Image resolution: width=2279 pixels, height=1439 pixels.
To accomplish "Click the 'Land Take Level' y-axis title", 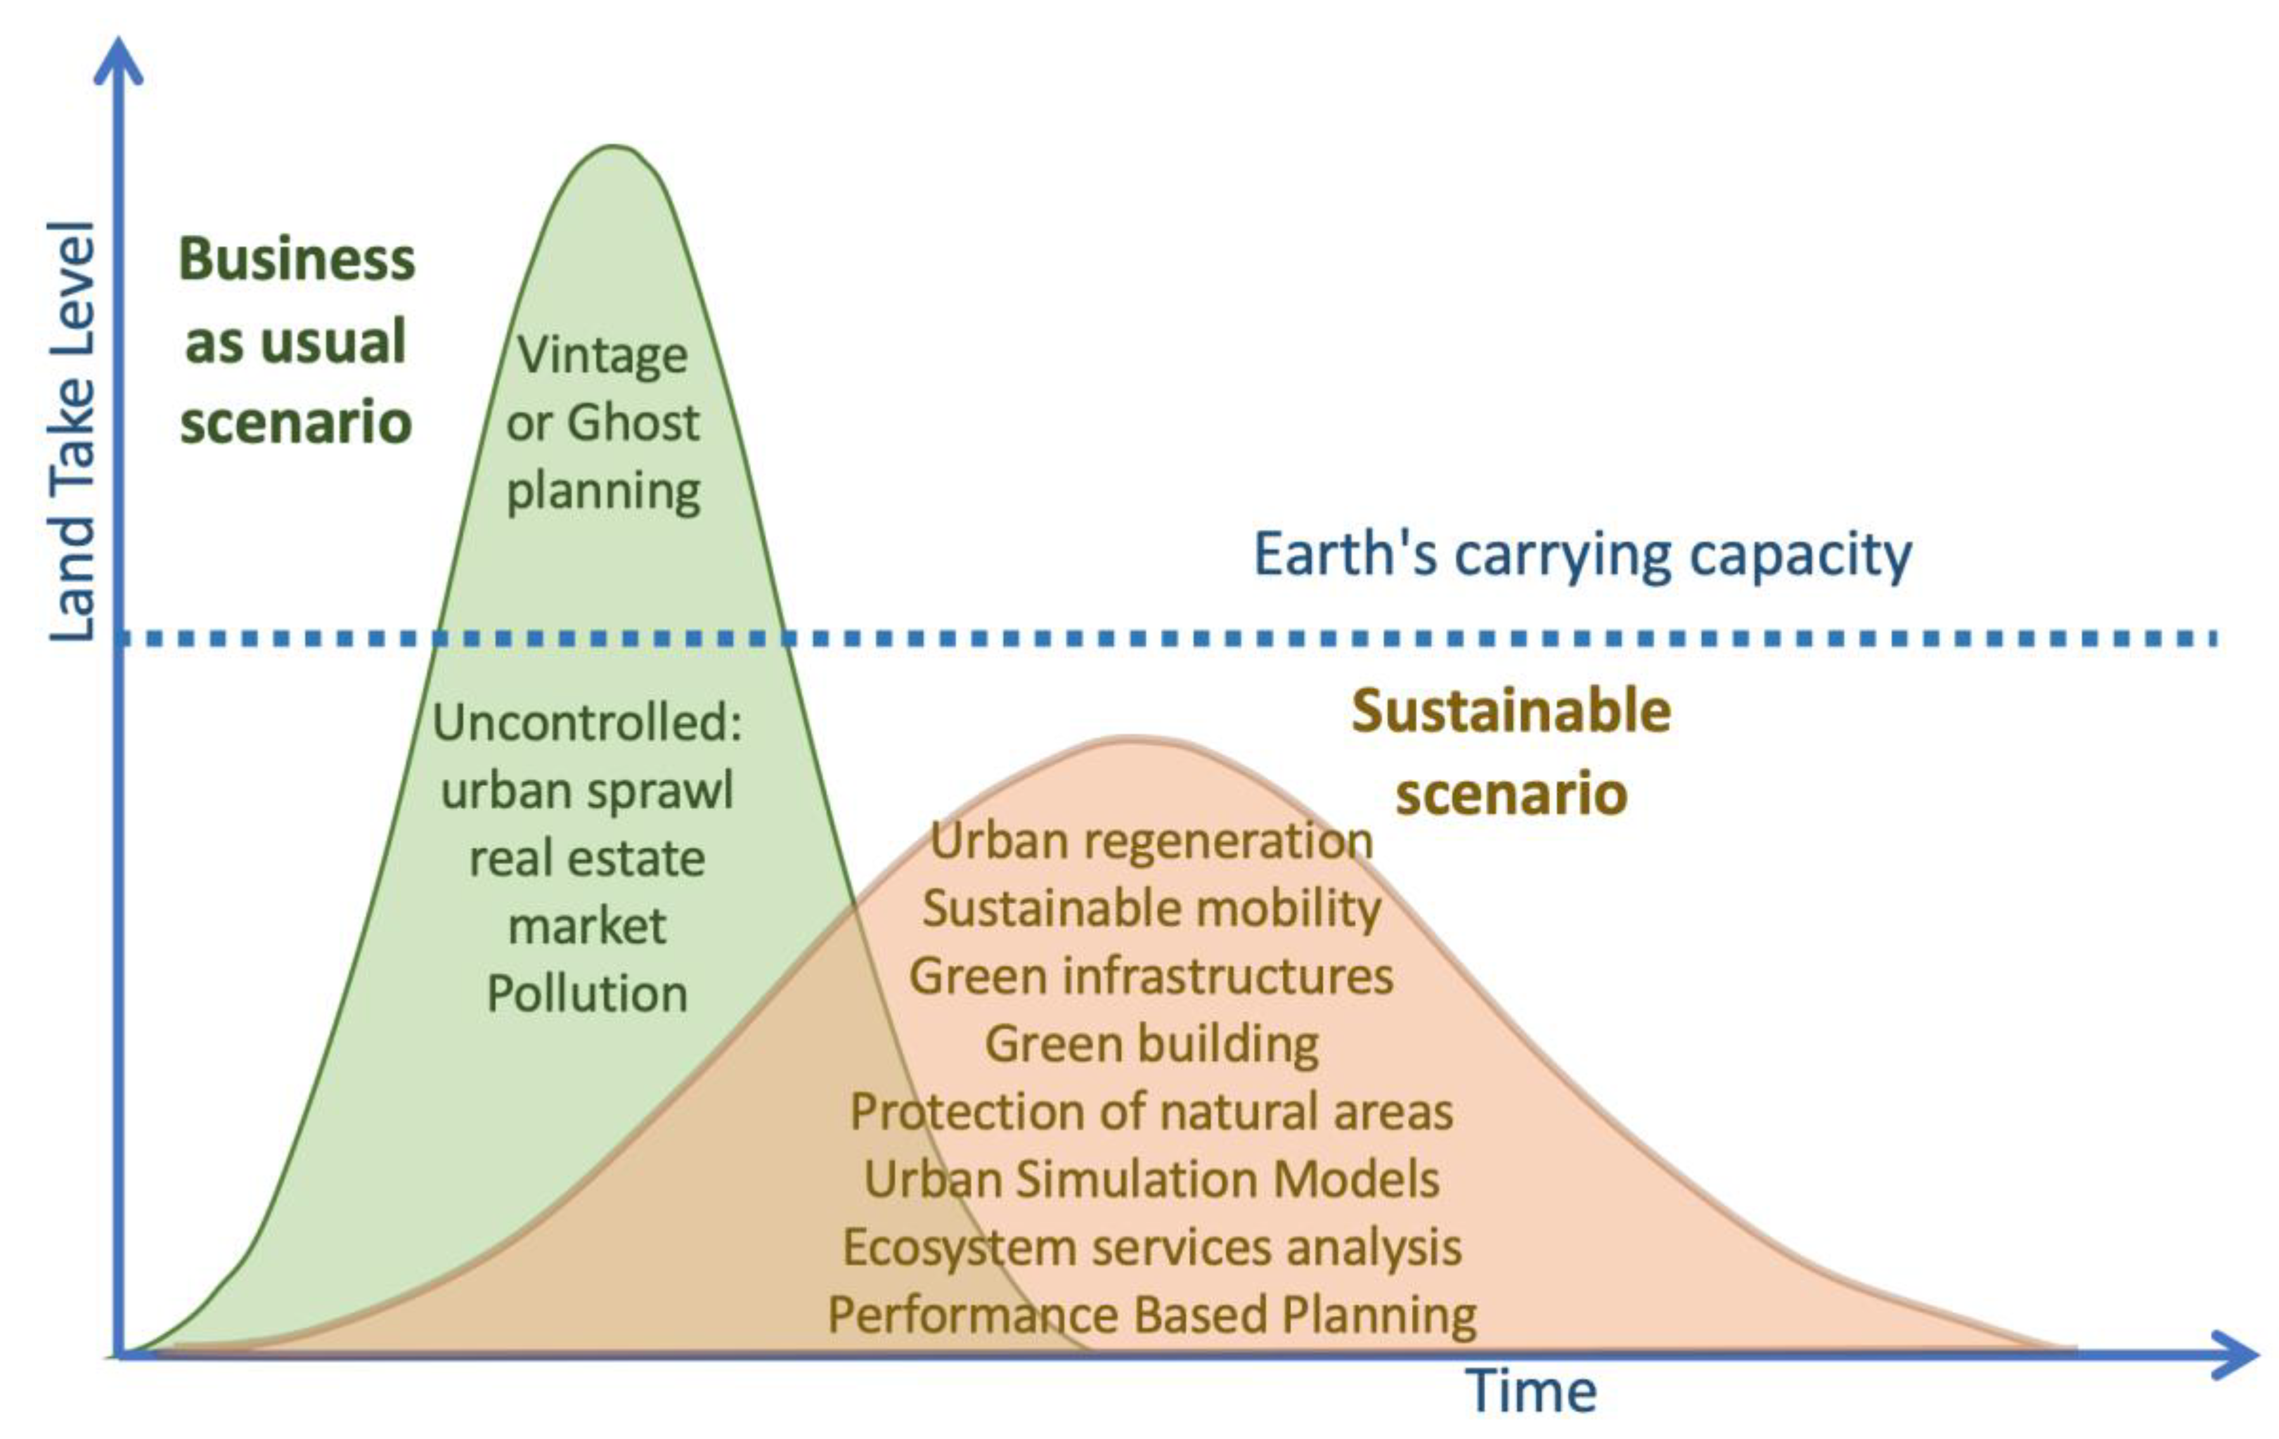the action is (74, 431).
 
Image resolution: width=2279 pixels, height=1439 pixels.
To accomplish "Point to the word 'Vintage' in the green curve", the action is (602, 356).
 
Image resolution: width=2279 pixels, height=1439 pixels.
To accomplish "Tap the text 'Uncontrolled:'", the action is (587, 723).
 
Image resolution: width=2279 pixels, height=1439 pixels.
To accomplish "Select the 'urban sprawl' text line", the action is (587, 790).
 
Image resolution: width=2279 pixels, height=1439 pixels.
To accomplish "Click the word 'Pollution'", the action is (587, 994).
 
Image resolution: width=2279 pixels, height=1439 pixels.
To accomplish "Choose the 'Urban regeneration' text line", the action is (1151, 841).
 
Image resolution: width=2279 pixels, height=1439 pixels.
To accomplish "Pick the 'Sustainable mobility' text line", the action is (1151, 909).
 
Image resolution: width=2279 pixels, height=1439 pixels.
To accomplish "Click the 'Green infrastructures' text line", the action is (1151, 976).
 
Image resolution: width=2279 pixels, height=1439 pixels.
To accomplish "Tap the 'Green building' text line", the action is (1151, 1044).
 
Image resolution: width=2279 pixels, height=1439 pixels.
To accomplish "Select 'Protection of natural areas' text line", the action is (1151, 1111).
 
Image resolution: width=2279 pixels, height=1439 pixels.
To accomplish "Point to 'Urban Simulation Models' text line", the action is (1151, 1180).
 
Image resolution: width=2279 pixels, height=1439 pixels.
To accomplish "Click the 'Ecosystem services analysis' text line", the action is (1151, 1247).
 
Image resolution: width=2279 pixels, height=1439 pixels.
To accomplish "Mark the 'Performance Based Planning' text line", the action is (1151, 1315).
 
